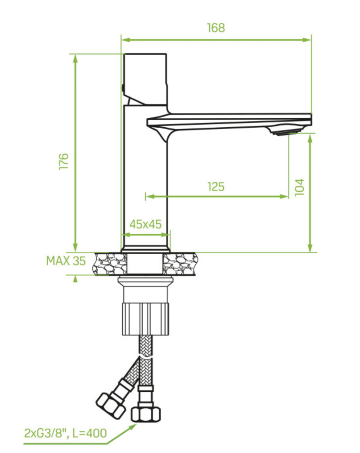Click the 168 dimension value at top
pos(216,28)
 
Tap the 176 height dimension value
pos(63,161)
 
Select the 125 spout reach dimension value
pos(216,187)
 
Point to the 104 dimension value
pos(299,188)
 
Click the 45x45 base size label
pos(145,224)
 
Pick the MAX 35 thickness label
pos(66,261)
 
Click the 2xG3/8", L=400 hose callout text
pos(65,433)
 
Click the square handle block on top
pos(145,79)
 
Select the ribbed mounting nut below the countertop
pos(146,319)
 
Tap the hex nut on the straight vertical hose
pos(146,414)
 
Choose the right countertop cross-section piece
pos(180,264)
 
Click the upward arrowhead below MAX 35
pos(76,278)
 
